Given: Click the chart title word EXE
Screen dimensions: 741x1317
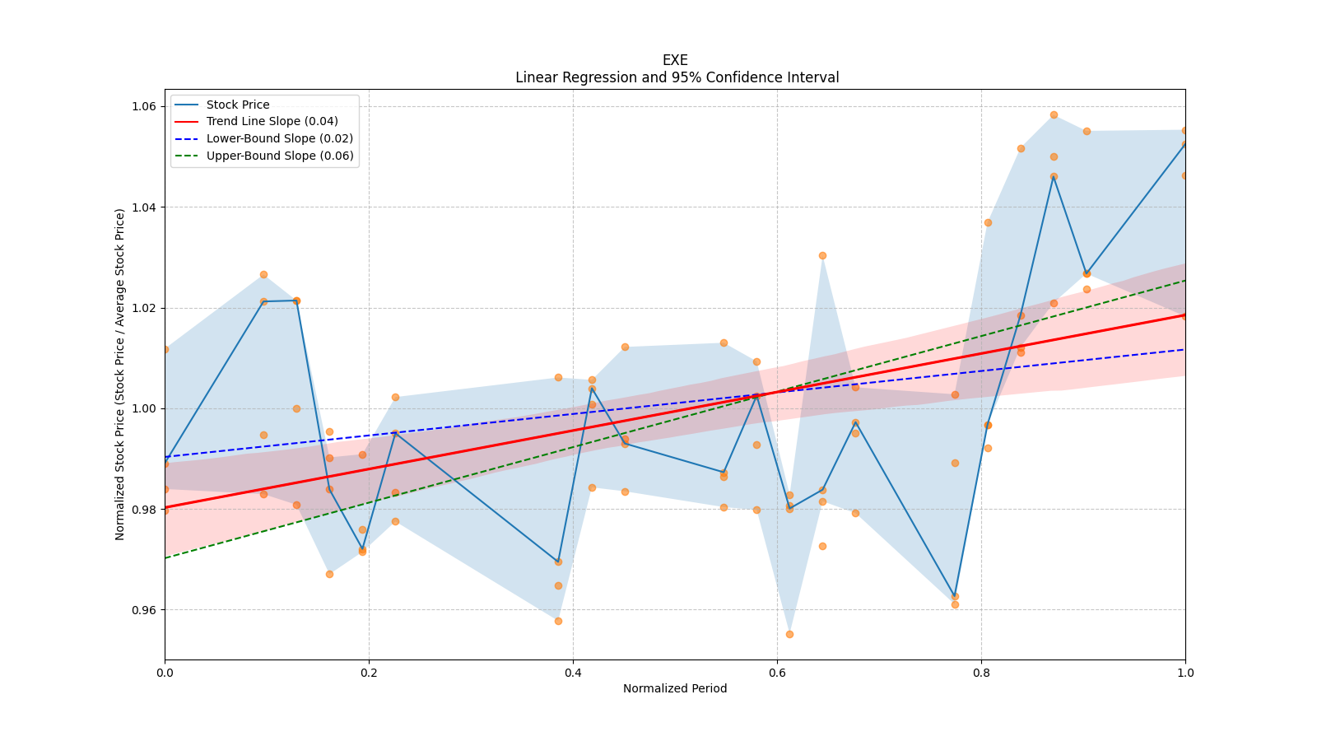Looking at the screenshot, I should tap(675, 60).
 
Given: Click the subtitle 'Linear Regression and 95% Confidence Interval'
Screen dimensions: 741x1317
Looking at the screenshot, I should tap(677, 77).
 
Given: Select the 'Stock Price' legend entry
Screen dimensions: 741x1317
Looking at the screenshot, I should tap(238, 105).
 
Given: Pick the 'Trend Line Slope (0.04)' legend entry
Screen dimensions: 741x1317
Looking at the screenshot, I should tap(272, 121).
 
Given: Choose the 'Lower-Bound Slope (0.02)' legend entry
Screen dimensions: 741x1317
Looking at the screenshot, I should tap(279, 138).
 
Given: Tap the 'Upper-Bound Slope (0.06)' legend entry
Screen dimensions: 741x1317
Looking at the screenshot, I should tap(280, 156).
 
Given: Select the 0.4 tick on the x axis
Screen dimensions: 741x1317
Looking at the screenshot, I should tap(573, 673).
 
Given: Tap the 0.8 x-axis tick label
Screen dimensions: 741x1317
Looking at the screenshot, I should tap(981, 673).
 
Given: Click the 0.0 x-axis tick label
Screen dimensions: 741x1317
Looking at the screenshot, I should tap(165, 673).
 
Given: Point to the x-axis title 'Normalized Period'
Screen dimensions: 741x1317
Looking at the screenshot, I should tap(675, 688).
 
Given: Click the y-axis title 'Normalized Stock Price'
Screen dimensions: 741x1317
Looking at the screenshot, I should tap(120, 374).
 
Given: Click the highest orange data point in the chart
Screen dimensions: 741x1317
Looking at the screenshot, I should tap(1054, 114).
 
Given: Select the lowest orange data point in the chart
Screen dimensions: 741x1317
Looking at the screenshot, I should tap(789, 634).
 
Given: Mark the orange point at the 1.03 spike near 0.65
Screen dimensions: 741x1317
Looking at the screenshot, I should tap(822, 255).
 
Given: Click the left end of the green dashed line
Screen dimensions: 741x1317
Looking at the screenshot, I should tap(165, 558).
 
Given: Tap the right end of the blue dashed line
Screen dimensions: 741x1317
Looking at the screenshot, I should tap(1184, 349).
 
